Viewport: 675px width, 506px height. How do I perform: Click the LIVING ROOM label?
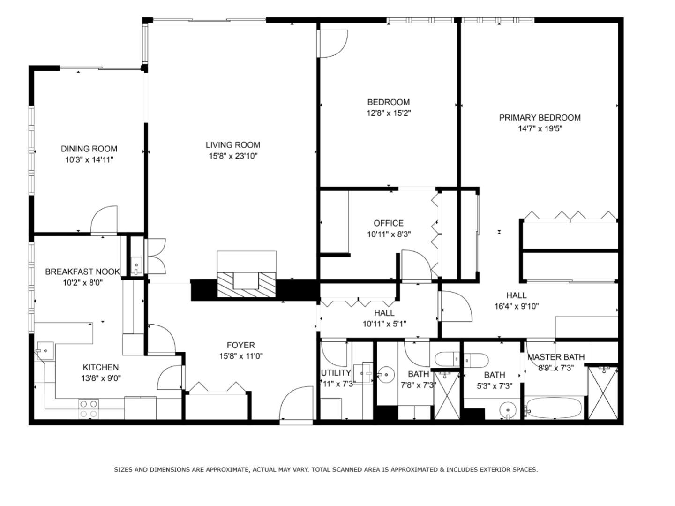(233, 145)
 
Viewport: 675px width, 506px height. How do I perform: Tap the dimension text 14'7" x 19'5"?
(540, 128)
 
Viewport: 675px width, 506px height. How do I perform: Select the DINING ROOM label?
(89, 149)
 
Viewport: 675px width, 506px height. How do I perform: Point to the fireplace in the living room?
(247, 283)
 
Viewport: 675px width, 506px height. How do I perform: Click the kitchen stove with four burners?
(88, 408)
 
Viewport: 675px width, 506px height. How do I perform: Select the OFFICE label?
(388, 223)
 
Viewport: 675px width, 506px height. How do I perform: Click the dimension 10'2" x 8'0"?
(82, 282)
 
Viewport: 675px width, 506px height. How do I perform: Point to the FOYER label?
(240, 345)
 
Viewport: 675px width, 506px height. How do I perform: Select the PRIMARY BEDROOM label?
(540, 118)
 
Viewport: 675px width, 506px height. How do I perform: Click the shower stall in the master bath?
(603, 393)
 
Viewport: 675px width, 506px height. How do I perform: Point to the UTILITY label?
(336, 373)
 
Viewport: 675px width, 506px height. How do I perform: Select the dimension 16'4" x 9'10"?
(517, 306)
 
